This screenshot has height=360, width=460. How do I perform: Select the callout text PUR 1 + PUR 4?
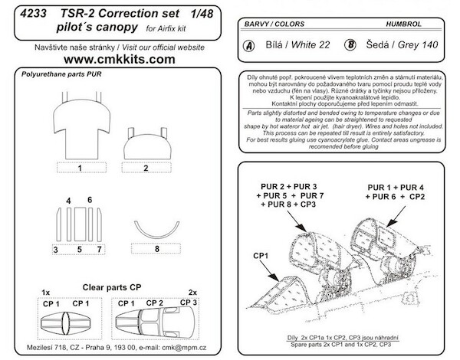398,188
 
